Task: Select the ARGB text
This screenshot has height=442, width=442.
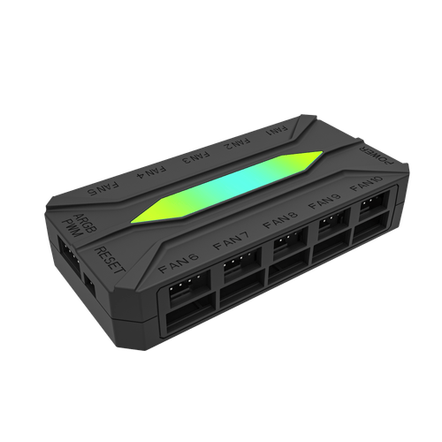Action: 82,221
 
